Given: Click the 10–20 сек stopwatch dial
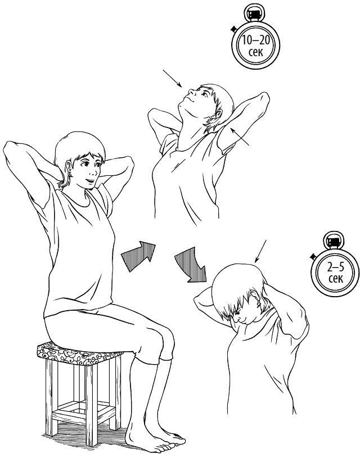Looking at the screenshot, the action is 255,46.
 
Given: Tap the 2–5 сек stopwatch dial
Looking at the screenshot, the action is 335,273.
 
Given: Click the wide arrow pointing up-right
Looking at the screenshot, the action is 139,255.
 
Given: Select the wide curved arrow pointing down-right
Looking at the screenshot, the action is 192,264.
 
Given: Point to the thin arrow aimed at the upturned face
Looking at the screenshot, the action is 172,78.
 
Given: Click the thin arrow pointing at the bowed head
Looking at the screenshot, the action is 260,251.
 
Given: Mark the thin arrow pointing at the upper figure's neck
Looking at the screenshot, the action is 240,137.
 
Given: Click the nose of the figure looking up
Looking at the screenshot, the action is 190,93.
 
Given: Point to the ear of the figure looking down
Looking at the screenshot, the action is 256,298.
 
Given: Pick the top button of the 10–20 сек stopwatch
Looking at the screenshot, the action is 255,14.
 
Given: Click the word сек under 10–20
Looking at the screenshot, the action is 256,53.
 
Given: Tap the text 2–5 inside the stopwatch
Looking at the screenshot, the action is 335,267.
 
